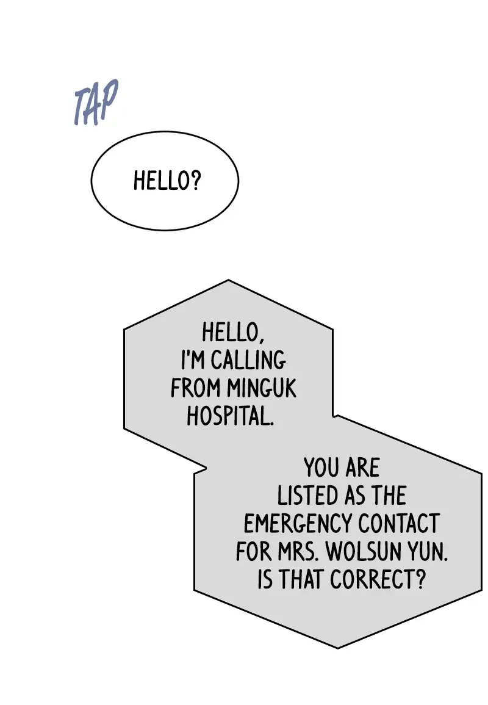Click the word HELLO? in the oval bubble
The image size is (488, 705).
coord(167,181)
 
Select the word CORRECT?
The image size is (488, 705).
coord(378,579)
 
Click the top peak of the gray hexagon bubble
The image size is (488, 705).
coord(228,281)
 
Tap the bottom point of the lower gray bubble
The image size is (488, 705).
coord(337,647)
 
